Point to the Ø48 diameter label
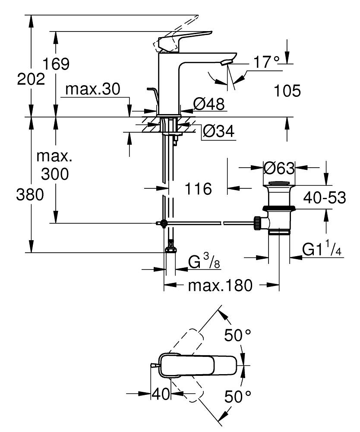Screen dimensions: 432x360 [x=208, y=104]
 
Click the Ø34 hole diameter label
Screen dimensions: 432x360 [x=218, y=131]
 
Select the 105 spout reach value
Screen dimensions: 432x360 [x=287, y=91]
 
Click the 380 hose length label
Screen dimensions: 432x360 [x=30, y=195]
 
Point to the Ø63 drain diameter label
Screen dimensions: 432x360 [x=278, y=168]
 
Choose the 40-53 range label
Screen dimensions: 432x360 [x=325, y=198]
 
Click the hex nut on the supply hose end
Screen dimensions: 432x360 [x=171, y=250]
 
